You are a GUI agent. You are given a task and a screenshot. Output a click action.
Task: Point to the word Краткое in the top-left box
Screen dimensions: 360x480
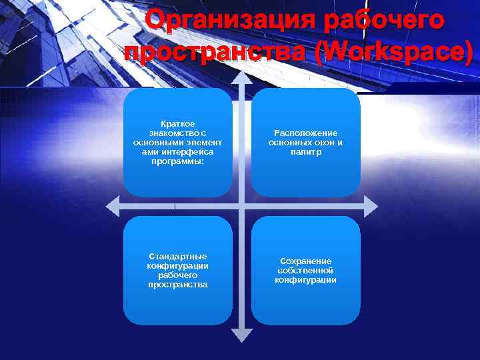pyautogui.click(x=178, y=123)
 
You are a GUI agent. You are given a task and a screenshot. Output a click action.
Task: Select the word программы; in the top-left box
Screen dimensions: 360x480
pyautogui.click(x=178, y=161)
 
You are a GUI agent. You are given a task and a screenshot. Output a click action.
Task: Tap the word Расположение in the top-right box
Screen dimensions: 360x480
pyautogui.click(x=305, y=133)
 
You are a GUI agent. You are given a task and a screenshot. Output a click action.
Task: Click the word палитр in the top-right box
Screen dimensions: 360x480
pyautogui.click(x=305, y=152)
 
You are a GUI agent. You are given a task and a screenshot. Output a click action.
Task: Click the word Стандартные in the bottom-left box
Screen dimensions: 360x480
pyautogui.click(x=178, y=256)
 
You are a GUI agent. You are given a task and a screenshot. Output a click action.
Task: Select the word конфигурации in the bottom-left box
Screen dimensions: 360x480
pyautogui.click(x=178, y=265)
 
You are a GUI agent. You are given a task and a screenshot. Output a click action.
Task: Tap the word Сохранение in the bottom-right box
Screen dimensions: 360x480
pyautogui.click(x=305, y=261)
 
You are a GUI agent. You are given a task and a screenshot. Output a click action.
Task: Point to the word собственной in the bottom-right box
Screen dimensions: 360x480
pyautogui.click(x=305, y=270)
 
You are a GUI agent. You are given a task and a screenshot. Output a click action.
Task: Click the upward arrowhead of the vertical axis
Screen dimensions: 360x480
pyautogui.click(x=242, y=75)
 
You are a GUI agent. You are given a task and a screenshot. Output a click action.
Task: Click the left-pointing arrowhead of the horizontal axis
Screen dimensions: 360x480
pyautogui.click(x=113, y=206)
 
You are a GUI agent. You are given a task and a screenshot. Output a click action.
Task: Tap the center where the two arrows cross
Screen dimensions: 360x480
pyautogui.click(x=242, y=206)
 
